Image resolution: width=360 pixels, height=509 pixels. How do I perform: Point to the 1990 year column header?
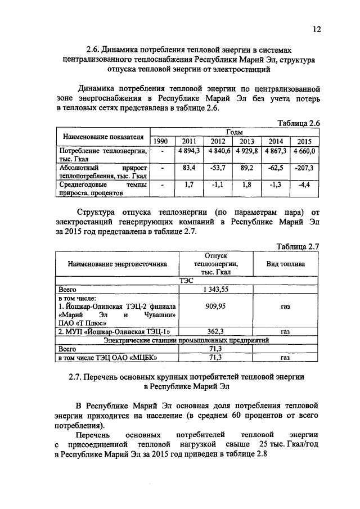point(161,141)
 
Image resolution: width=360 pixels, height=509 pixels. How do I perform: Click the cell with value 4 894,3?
point(187,151)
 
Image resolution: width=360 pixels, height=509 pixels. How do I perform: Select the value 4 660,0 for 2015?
point(305,151)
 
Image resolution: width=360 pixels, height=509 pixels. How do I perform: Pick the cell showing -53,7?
point(217,168)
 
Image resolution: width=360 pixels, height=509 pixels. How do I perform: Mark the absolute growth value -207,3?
point(305,168)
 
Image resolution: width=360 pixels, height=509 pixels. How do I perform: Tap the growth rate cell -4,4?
point(305,184)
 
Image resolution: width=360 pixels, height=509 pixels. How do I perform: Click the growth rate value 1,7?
point(188,184)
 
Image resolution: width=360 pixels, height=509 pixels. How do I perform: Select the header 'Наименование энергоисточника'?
point(117,263)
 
